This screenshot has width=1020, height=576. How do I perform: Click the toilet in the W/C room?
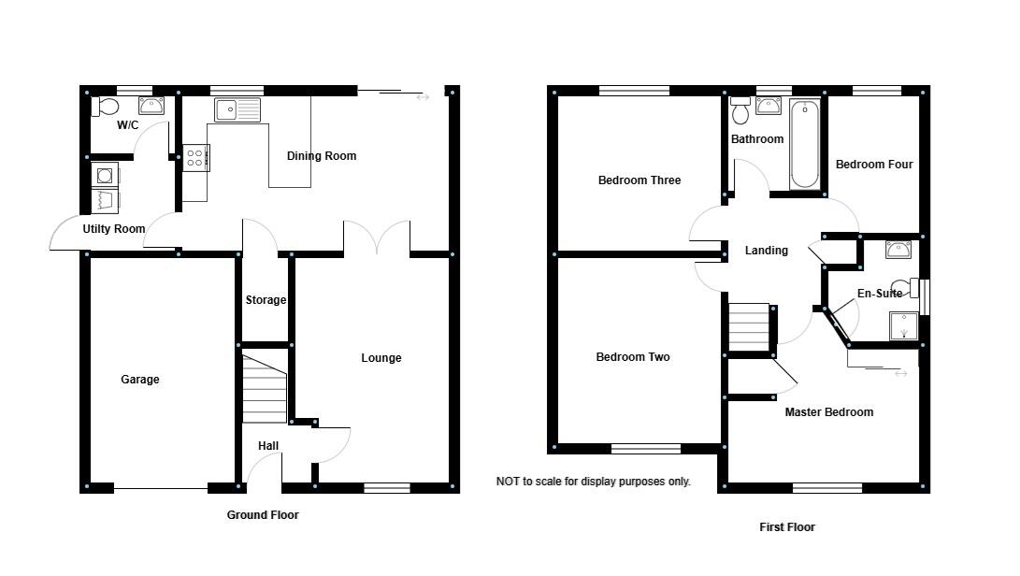[103, 107]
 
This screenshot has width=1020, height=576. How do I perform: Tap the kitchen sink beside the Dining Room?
[237, 110]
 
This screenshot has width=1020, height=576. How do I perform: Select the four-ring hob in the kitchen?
[195, 157]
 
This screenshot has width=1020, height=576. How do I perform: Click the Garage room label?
[140, 380]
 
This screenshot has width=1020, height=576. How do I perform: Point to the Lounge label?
[381, 358]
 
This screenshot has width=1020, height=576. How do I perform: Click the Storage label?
[266, 300]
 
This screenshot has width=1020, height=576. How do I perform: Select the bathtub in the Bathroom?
[804, 144]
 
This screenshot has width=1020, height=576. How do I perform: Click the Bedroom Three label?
[639, 180]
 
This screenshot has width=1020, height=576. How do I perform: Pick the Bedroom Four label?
[874, 165]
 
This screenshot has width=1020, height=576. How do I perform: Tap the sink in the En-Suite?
[898, 250]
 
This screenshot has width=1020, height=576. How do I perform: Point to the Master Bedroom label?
[829, 412]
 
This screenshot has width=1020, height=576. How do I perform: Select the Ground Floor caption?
[263, 515]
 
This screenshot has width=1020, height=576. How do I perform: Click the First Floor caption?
[787, 527]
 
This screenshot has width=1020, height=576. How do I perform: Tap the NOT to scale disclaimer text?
[593, 482]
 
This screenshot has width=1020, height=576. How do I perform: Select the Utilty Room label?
[114, 229]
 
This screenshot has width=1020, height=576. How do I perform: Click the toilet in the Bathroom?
[741, 111]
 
